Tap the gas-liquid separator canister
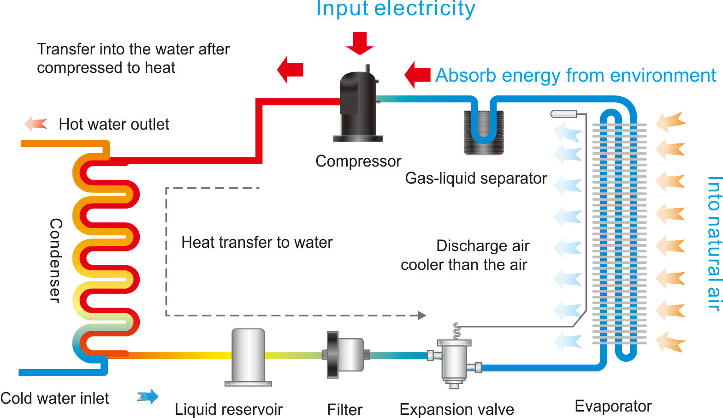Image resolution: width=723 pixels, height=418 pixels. pos(483,132)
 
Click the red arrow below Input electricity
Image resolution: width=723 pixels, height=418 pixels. pos(360,43)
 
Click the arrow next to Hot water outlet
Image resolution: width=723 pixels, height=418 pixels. pos(36,124)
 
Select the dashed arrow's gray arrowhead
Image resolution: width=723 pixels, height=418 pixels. pos(422,316)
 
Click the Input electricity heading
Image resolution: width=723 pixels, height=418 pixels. pos(395,9)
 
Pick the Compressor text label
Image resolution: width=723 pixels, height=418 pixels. pos(358,161)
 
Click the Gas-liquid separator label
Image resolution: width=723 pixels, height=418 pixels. pos(476,178)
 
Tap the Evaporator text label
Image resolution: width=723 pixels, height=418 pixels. pos(613,406)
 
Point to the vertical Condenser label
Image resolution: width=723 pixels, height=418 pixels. pos(55,260)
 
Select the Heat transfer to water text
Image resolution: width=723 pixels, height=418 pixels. pos(257,242)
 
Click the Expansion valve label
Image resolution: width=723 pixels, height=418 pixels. pos(456,409)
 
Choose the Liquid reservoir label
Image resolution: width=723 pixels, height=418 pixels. pos(229,409)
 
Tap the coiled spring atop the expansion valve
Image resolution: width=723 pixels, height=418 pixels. pos(456,331)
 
